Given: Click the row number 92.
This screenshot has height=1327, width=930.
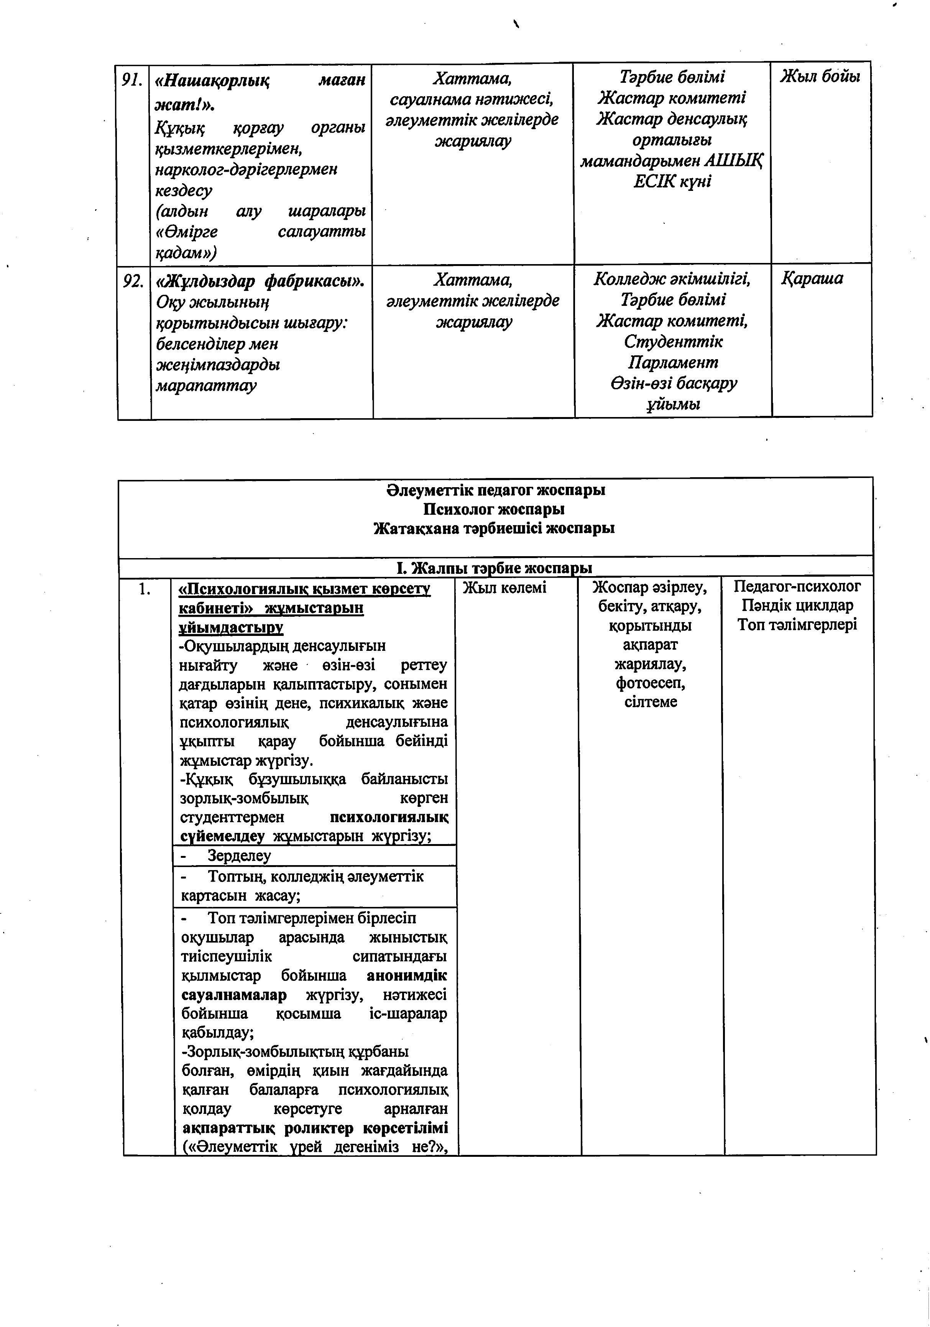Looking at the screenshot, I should point(133,281).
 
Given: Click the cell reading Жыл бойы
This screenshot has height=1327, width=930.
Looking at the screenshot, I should point(820,76).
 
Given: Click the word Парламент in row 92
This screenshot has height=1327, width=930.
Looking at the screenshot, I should point(673,362).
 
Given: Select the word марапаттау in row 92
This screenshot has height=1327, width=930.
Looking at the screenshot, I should point(206,386).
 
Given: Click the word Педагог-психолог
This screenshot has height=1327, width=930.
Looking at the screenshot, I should point(797,586).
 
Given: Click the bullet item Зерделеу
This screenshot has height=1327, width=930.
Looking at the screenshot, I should point(239,856).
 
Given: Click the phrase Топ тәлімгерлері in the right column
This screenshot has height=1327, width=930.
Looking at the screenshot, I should point(797,625).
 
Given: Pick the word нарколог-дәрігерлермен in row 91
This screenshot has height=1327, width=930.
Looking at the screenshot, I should point(246,170).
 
